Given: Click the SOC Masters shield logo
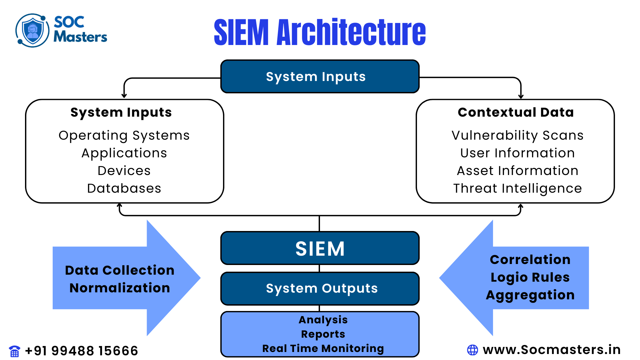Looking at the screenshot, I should tap(32, 30).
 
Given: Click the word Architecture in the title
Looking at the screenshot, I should tap(351, 32).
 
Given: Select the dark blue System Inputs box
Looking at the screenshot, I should tap(320, 77).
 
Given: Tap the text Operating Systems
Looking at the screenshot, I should tap(124, 135).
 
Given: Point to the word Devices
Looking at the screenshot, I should tap(124, 171).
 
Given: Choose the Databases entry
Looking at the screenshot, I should tap(124, 188).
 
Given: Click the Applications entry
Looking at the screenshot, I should tap(124, 153).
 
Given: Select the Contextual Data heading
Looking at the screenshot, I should tap(516, 112).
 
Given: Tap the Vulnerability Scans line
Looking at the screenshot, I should tap(517, 135).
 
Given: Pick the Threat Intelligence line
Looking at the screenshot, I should tap(517, 188).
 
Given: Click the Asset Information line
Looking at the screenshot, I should tap(517, 171).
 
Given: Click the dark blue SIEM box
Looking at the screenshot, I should tap(320, 248).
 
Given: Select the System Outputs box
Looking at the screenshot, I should tap(320, 288).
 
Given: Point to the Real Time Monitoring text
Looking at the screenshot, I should tap(323, 348).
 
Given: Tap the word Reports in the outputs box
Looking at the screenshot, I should tap(323, 334).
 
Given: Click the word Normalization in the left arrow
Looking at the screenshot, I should tap(120, 288).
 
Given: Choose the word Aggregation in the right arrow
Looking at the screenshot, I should tap(530, 295).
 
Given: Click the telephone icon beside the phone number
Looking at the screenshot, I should tap(15, 351).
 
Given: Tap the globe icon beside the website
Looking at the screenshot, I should tap(472, 350).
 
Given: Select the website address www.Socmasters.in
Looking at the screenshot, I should tap(552, 350).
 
